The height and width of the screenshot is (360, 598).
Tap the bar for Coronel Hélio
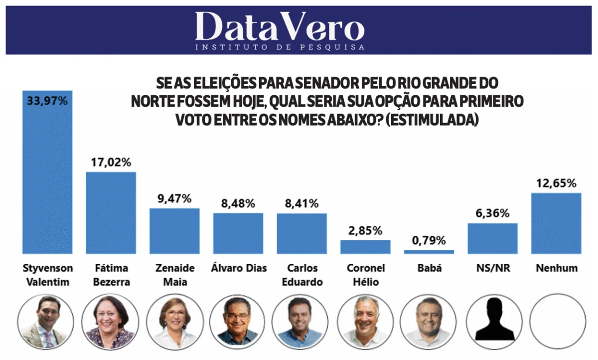(365, 247)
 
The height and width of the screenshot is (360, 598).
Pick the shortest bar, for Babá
(429, 252)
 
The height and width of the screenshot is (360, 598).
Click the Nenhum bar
(557, 223)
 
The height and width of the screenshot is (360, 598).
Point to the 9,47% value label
(174, 198)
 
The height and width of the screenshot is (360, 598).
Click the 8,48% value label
(238, 203)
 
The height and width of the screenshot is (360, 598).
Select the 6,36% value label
(493, 213)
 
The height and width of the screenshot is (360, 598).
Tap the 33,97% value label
(48, 101)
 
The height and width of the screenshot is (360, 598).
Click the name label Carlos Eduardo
(302, 275)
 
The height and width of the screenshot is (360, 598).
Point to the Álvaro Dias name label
(238, 268)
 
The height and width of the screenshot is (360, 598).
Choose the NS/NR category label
(493, 268)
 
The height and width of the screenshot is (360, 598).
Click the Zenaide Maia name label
(174, 275)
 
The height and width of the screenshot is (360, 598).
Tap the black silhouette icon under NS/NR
(493, 321)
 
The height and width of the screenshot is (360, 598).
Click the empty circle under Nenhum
(557, 321)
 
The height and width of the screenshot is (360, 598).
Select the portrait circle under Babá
(429, 321)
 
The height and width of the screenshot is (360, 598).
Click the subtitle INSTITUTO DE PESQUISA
(280, 47)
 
